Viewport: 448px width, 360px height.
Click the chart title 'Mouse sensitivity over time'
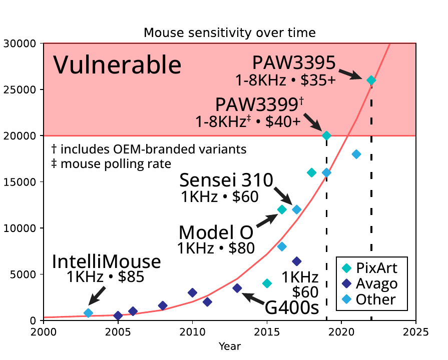230,33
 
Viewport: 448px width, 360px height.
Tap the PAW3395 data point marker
371,80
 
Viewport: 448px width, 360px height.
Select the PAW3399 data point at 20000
326,135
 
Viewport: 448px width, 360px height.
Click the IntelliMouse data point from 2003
88,313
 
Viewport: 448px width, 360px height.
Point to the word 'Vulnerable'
117,65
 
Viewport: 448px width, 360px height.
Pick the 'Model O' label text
216,232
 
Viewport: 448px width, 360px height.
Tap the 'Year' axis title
230,346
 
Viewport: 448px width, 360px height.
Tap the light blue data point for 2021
356,154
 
